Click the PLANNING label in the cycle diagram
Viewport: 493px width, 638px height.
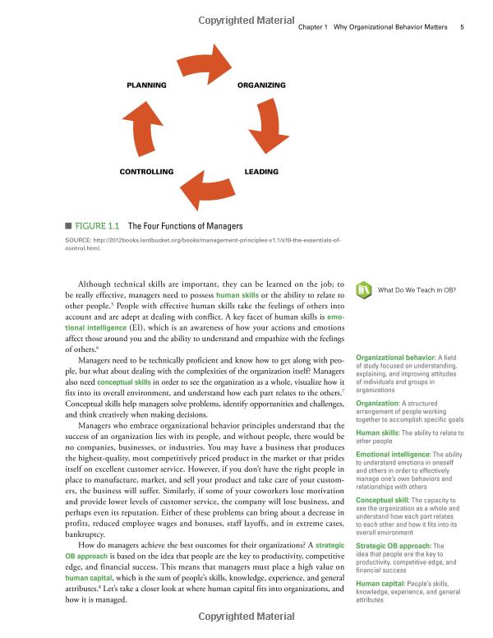coord(146,85)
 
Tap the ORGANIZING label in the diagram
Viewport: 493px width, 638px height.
coord(261,85)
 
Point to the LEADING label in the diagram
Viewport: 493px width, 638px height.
coord(261,172)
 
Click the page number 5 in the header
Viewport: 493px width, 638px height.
coord(463,27)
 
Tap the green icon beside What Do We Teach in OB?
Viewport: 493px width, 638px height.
coord(363,290)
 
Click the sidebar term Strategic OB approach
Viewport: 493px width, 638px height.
coord(389,546)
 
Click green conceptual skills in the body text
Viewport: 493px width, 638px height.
coord(125,382)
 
